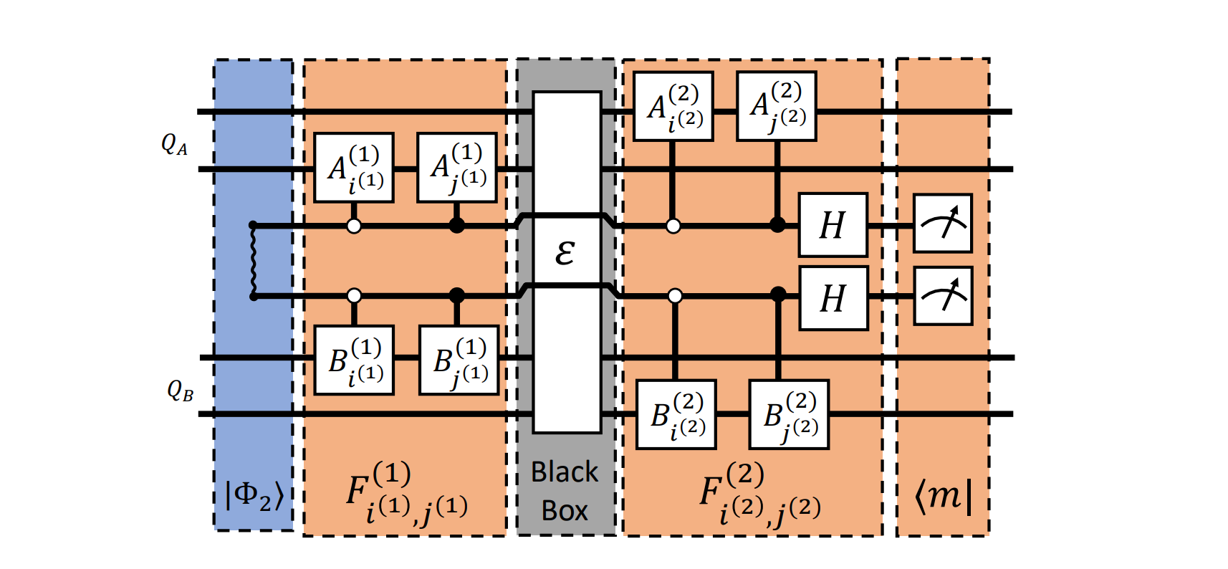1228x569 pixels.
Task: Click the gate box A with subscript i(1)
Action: pos(354,168)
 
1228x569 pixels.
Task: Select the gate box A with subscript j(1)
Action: pos(457,168)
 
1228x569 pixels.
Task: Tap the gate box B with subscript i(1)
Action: pos(355,360)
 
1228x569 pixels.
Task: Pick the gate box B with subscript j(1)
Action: pos(459,360)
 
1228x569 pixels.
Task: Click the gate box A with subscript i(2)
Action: pos(673,107)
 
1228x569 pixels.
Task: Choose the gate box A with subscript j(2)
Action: pos(777,106)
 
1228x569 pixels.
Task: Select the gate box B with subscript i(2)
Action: pos(676,415)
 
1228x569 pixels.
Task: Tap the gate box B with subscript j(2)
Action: pos(789,415)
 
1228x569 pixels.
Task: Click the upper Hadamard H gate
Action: pos(833,225)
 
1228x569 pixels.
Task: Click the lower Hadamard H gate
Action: pos(833,298)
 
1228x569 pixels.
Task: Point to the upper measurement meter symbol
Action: pos(943,224)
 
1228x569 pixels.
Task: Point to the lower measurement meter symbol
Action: pos(943,297)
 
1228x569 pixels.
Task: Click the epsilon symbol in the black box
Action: pos(565,252)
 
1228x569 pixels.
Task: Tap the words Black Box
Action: pos(565,492)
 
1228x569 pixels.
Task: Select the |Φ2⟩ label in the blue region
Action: pos(254,494)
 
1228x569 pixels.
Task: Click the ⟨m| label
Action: pos(944,495)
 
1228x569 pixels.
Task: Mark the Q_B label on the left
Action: pos(180,391)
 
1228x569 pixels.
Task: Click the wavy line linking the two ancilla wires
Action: pos(253,261)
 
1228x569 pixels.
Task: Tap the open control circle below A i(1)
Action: pos(354,226)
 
